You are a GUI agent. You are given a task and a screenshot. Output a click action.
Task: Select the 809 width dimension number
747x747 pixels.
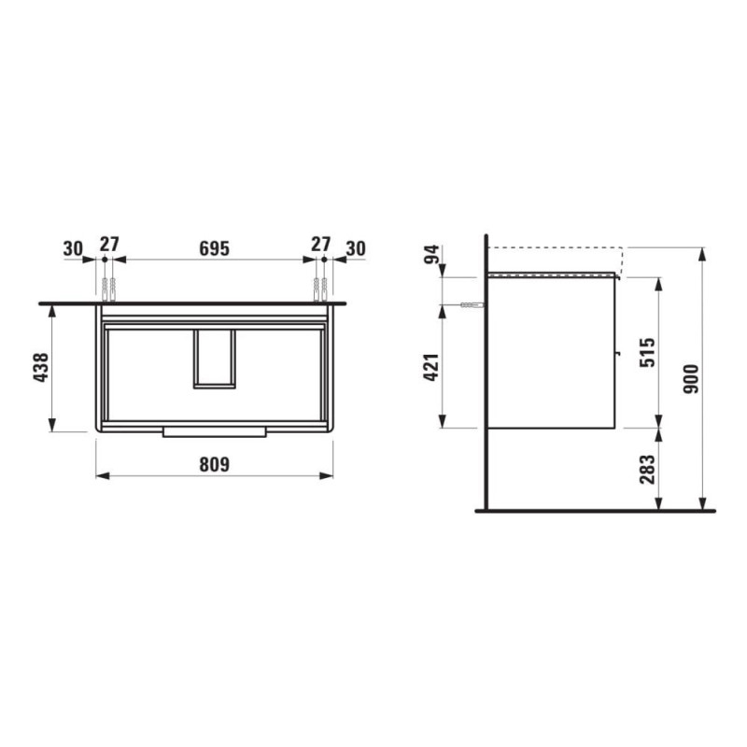[x=215, y=463]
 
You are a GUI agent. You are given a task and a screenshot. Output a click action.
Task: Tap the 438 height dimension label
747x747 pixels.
[x=38, y=369]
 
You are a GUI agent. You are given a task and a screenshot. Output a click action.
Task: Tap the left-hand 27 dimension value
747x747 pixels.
[x=109, y=245]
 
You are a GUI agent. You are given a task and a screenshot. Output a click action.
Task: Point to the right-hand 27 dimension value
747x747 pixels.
[x=320, y=245]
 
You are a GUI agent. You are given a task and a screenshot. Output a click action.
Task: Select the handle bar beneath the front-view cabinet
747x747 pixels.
[x=215, y=431]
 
